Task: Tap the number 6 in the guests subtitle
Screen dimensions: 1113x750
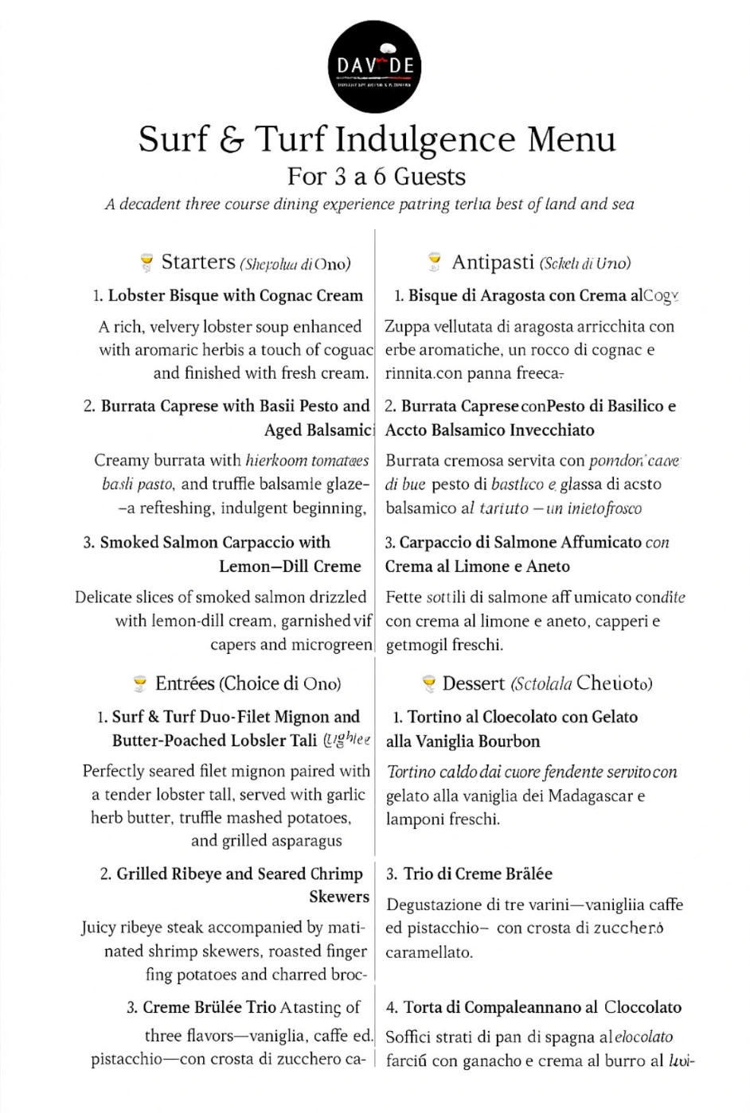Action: click(x=380, y=177)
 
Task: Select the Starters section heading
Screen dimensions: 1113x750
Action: click(x=198, y=262)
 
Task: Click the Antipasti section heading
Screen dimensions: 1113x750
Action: click(x=493, y=262)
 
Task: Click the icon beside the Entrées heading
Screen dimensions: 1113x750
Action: click(x=140, y=683)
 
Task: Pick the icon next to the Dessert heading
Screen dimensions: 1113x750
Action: click(x=428, y=683)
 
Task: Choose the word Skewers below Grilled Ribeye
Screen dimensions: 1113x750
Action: click(x=339, y=897)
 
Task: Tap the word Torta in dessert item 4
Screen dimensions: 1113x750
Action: click(x=424, y=1007)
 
